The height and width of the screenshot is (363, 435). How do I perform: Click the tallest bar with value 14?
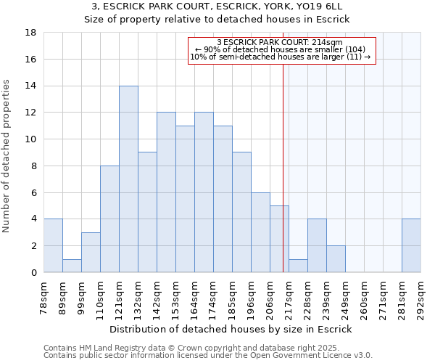click(128, 179)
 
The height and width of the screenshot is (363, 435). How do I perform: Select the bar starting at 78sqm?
click(53, 245)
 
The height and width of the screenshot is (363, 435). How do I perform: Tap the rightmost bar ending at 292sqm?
click(411, 245)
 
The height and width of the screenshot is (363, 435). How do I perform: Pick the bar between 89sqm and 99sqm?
click(72, 266)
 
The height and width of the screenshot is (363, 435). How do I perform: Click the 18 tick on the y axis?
click(31, 33)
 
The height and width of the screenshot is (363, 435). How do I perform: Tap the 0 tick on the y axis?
click(33, 272)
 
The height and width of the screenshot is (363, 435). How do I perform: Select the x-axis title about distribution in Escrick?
click(231, 330)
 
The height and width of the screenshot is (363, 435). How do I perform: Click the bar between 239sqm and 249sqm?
click(336, 258)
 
